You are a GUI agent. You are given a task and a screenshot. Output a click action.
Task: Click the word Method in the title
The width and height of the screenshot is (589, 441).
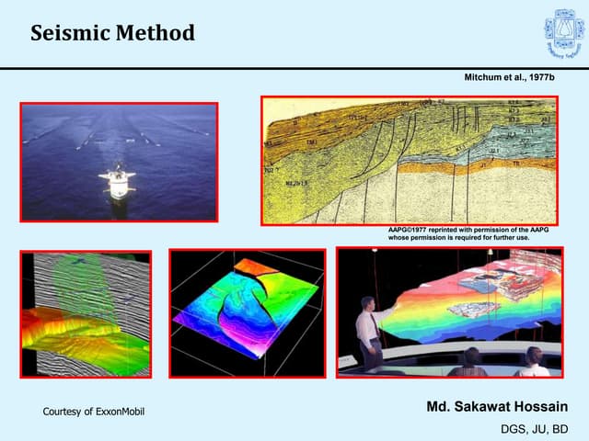pos(156,34)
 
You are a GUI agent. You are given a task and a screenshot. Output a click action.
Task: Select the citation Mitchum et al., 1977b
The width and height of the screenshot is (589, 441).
pos(512,80)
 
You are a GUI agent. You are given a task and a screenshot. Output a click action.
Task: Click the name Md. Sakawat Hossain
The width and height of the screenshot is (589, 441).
pos(498,406)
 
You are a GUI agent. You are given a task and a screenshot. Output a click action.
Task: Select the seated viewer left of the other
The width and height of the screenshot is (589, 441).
pos(470,361)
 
